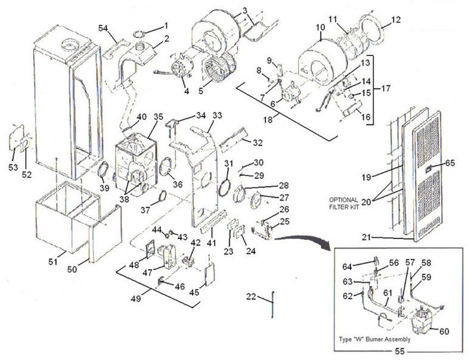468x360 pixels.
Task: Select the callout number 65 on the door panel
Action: click(x=450, y=162)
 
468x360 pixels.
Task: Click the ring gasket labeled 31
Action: click(x=225, y=186)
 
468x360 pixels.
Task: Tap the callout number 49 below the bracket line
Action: click(x=136, y=299)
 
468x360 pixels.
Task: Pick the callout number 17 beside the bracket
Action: click(x=386, y=89)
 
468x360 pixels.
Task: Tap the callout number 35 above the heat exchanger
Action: click(x=158, y=116)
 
